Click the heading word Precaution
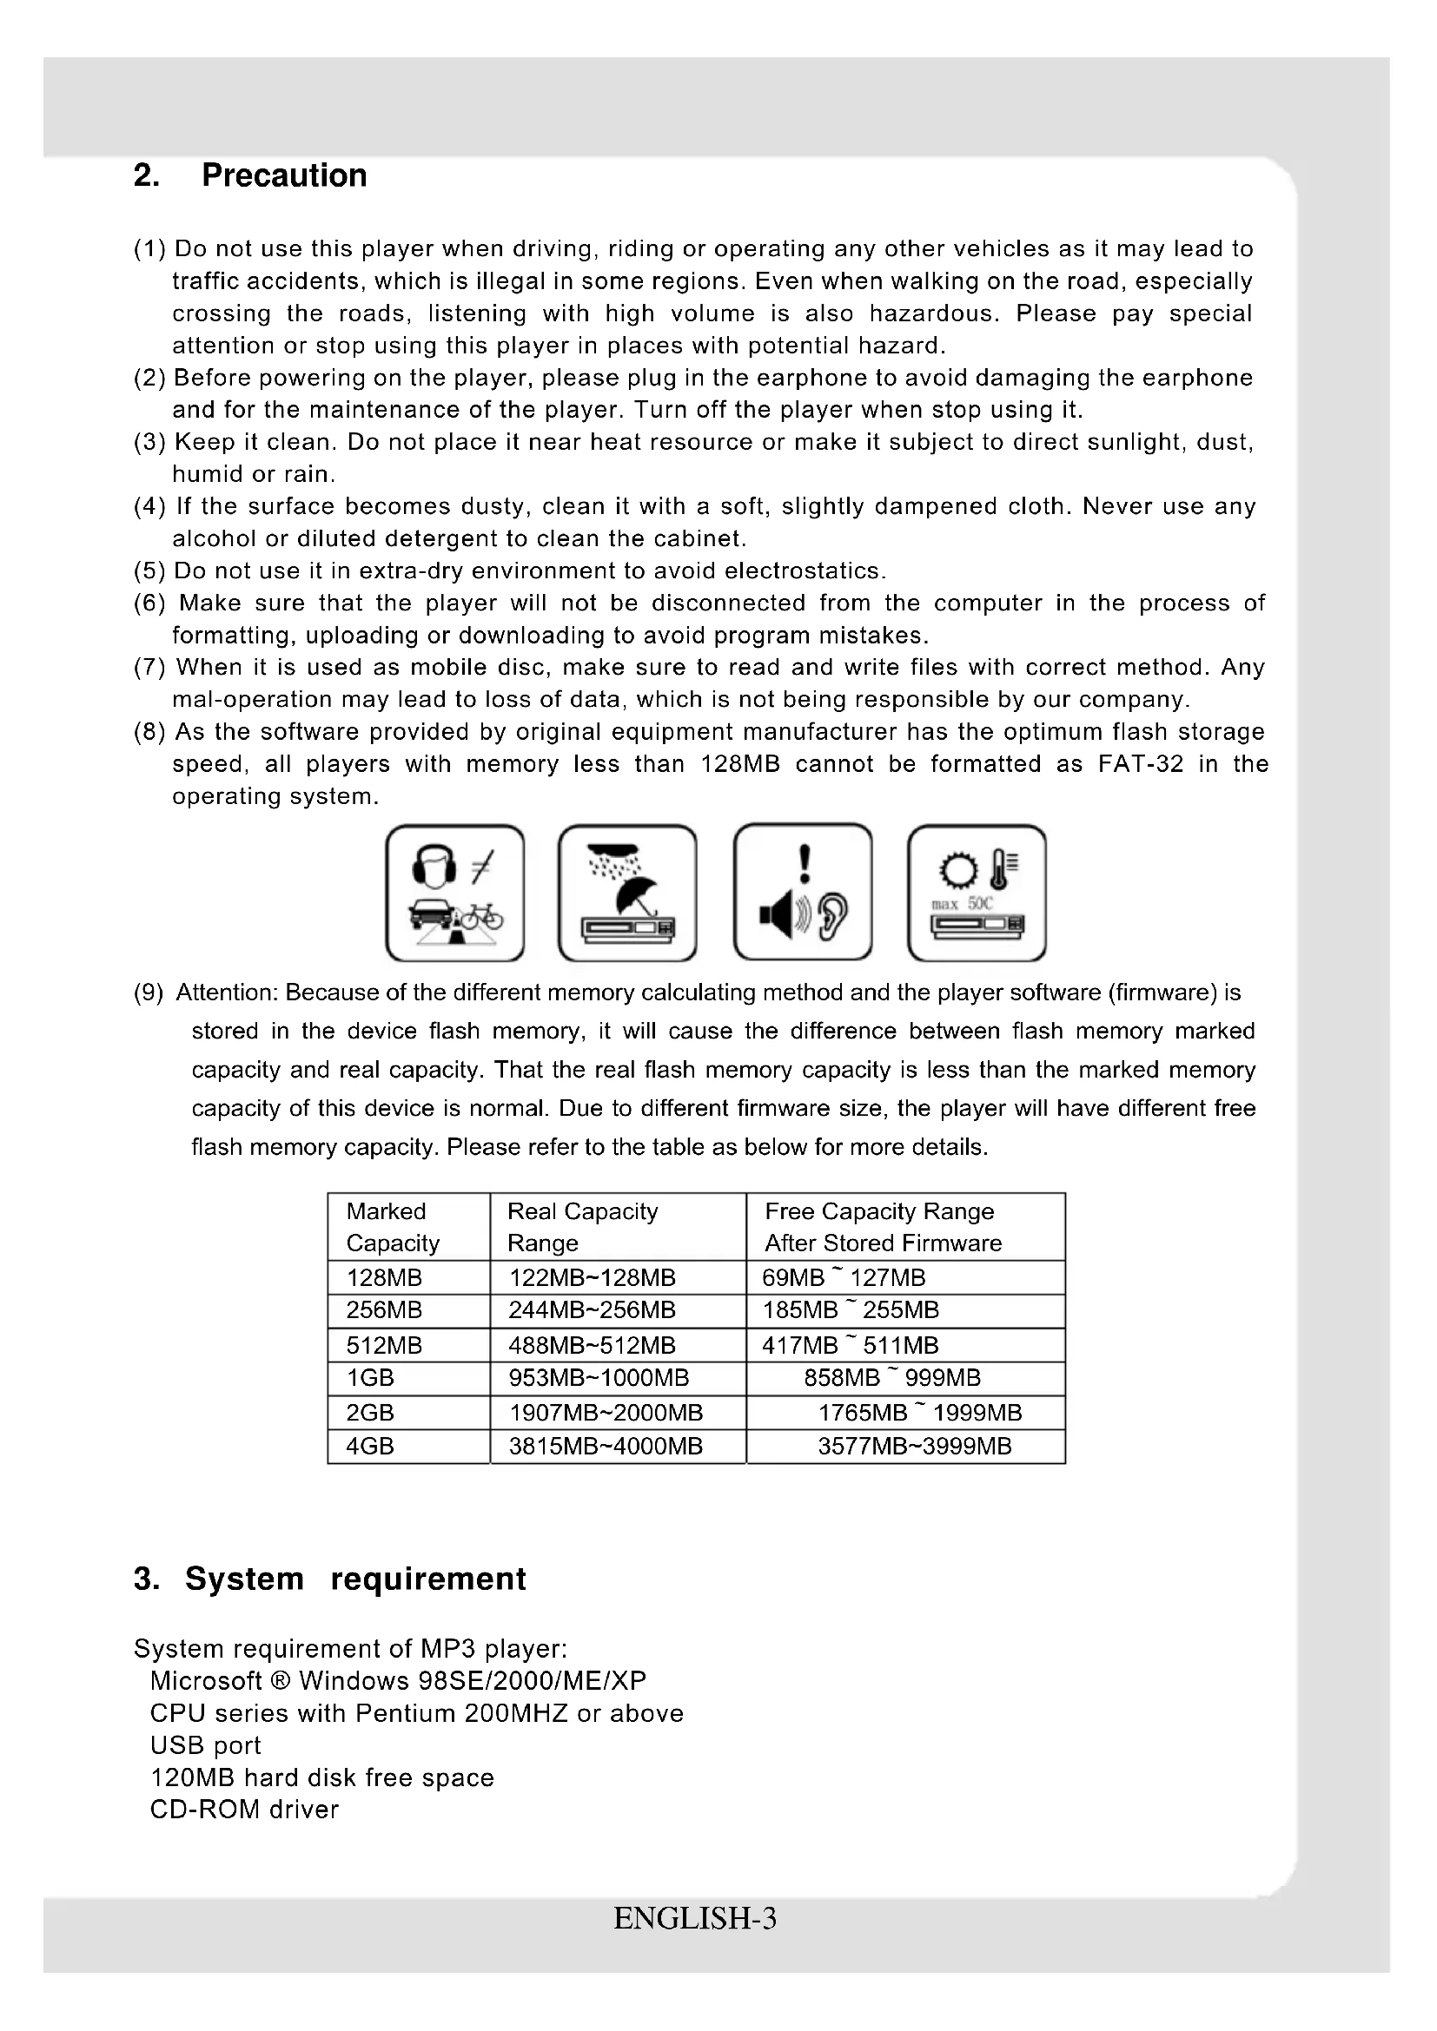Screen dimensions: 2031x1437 [x=283, y=175]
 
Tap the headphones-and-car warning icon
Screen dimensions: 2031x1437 [x=454, y=893]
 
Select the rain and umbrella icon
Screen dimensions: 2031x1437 [x=627, y=893]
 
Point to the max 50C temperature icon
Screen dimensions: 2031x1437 [x=977, y=893]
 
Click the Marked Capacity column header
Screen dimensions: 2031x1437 [x=393, y=1227]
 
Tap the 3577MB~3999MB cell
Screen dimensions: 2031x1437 [x=914, y=1447]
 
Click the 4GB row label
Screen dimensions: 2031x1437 [x=370, y=1447]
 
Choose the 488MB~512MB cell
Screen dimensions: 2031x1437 [x=592, y=1345]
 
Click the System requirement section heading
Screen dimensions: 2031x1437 [x=329, y=1579]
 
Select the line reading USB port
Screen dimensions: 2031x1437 [x=205, y=1745]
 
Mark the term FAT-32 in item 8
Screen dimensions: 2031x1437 [x=1140, y=764]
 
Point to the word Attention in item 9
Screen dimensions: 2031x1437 [x=227, y=992]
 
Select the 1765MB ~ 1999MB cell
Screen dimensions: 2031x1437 [x=920, y=1413]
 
